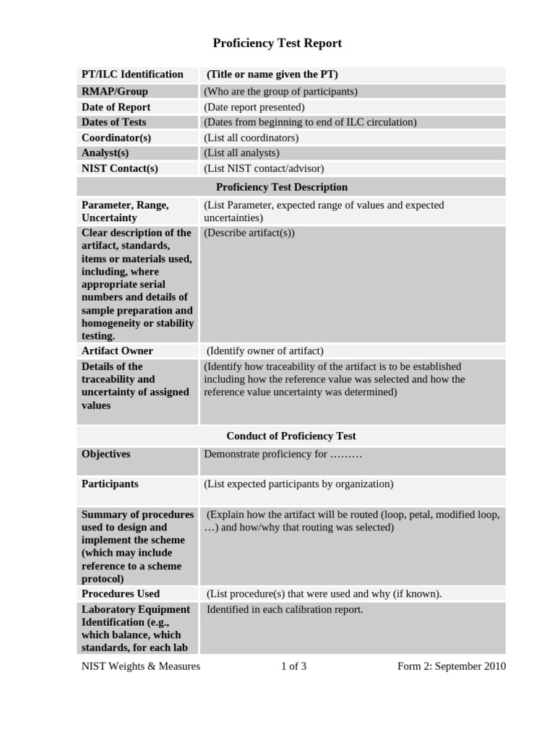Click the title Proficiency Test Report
tap(277, 43)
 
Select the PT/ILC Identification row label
tap(132, 74)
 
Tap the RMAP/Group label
tap(114, 92)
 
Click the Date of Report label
tap(116, 107)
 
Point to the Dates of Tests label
tap(113, 122)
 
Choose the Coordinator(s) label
tap(116, 137)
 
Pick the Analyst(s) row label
tap(105, 152)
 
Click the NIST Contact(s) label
tap(119, 168)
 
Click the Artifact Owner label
tap(117, 350)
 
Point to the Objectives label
tap(106, 455)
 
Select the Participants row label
tap(110, 484)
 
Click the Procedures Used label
tap(121, 593)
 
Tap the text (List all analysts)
tap(241, 152)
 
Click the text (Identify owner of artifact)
tap(265, 350)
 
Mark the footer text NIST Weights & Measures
tap(141, 666)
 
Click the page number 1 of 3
tap(293, 666)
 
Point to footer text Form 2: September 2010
tap(452, 666)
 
